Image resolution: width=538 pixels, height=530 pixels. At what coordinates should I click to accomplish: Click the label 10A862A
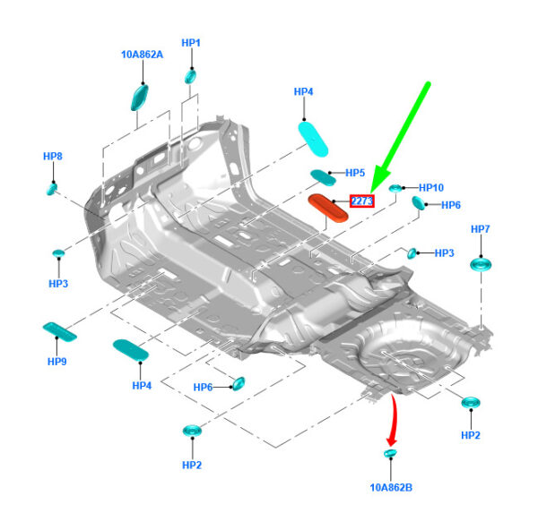[142, 55]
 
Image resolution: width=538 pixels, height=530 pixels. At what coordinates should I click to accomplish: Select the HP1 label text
[191, 42]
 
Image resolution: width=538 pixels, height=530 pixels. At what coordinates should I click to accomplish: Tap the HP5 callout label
[355, 173]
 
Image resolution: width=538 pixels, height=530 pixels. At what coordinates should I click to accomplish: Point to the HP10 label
[430, 188]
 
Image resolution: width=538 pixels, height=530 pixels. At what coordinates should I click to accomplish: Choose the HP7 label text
[481, 229]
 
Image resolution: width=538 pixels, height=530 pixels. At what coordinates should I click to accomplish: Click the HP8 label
[53, 157]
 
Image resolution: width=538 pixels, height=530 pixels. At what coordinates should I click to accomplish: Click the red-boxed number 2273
[362, 201]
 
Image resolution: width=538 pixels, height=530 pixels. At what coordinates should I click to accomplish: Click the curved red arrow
[391, 421]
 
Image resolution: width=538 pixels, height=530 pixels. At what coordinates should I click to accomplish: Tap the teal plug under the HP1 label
[190, 76]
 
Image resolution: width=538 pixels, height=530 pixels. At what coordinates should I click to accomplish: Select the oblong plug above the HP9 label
[60, 332]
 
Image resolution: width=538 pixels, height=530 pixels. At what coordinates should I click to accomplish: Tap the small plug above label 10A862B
[389, 457]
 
